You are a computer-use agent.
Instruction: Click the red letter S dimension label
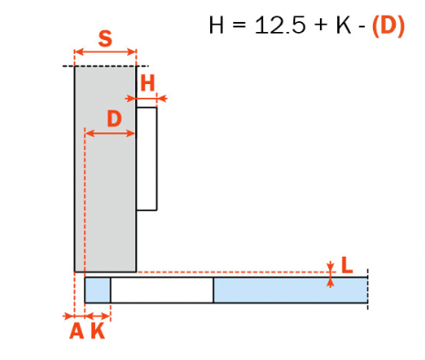tap(105, 38)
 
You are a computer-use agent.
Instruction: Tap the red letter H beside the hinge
tap(148, 82)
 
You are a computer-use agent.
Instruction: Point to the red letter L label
tap(346, 266)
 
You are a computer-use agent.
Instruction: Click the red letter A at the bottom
tap(77, 332)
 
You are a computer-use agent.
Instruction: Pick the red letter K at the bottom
tap(97, 332)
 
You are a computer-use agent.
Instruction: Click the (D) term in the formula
tap(388, 25)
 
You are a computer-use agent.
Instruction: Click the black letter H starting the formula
tap(217, 25)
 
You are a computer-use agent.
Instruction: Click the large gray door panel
tap(105, 183)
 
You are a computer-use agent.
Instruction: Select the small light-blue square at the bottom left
tap(97, 290)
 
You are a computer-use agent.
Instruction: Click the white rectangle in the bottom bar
tap(162, 290)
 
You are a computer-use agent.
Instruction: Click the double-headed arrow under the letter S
tap(105, 53)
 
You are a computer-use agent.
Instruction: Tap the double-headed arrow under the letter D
tap(111, 133)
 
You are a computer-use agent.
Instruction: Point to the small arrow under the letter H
tap(151, 97)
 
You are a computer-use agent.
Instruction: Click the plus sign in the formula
tap(319, 26)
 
